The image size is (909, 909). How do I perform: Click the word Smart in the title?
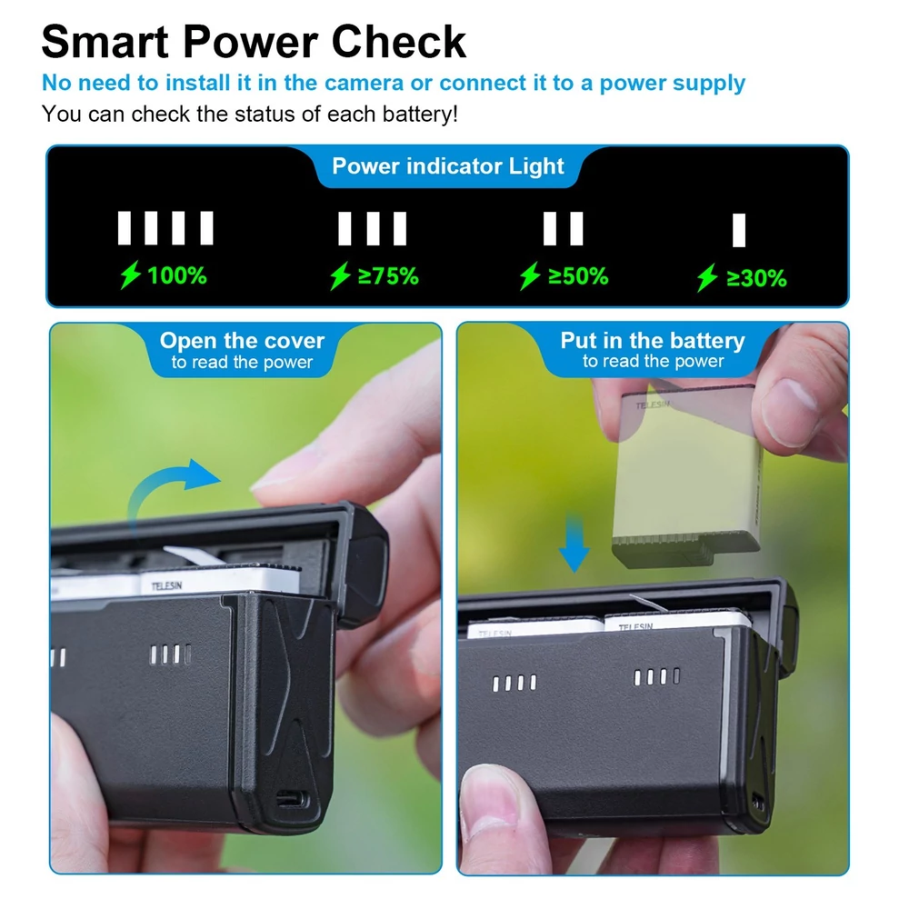(x=105, y=42)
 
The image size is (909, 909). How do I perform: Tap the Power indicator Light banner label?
(x=447, y=166)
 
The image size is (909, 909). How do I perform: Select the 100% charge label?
(x=177, y=275)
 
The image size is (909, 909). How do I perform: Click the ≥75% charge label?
(x=388, y=276)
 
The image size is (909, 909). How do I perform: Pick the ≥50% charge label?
(x=578, y=276)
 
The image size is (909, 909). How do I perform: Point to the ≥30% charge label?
(x=756, y=278)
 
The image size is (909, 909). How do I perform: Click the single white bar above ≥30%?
(x=738, y=230)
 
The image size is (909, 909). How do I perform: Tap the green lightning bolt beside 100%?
(x=130, y=275)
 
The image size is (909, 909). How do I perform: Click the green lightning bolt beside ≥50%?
(x=530, y=275)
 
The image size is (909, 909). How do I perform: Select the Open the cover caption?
(x=242, y=351)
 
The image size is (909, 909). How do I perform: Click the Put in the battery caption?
(x=653, y=350)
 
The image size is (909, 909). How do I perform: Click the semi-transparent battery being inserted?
(x=688, y=475)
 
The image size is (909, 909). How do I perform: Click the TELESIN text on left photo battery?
(x=166, y=586)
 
